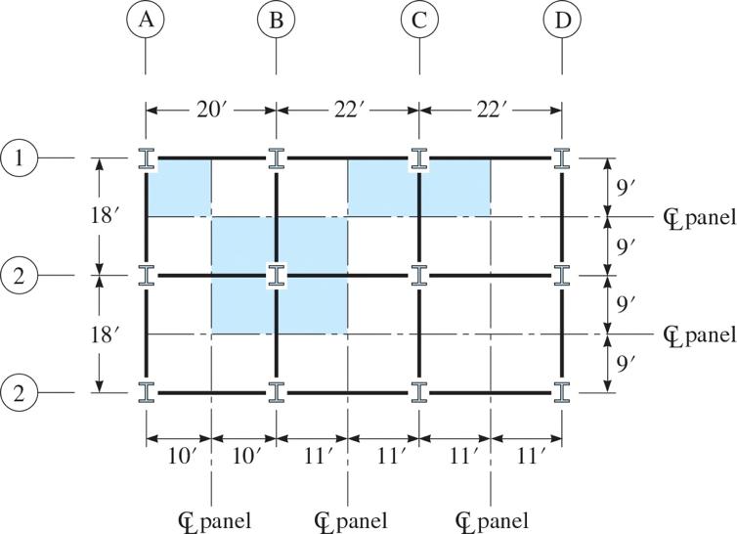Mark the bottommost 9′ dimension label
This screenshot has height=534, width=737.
[x=629, y=364]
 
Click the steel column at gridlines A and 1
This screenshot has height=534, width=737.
[x=146, y=158]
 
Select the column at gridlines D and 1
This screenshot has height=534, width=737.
[x=562, y=158]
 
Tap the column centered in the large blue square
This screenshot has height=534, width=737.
[x=277, y=276]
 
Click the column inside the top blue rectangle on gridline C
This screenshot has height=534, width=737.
[x=419, y=158]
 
